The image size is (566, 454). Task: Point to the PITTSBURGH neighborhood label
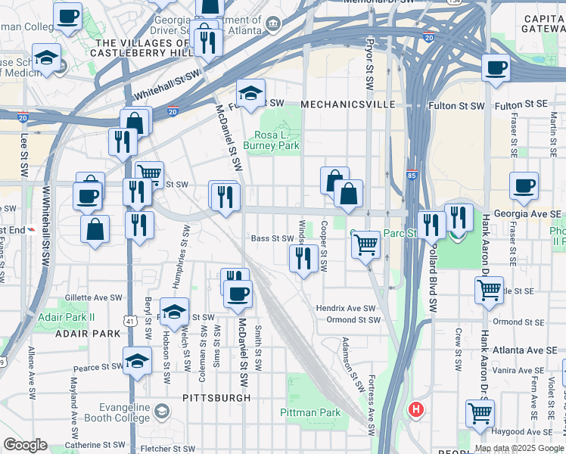point(216,397)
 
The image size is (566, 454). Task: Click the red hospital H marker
point(415,410)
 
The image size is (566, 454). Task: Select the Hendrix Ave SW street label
point(346,308)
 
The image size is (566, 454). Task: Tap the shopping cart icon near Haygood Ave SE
point(480,414)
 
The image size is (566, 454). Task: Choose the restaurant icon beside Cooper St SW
point(303,260)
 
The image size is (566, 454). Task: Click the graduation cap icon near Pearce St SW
point(138,361)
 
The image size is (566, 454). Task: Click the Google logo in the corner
point(25,445)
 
